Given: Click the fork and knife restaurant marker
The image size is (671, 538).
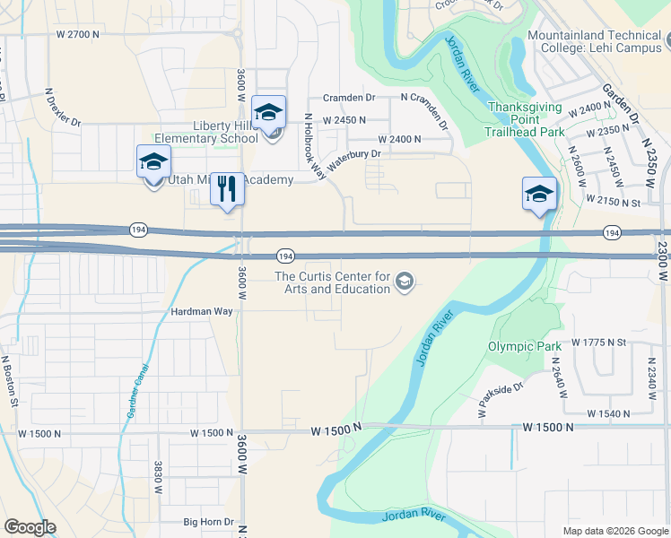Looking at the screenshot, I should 228,189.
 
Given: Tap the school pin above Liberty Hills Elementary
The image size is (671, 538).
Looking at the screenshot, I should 268,113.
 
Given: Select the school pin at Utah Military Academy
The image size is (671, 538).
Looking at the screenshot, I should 153,162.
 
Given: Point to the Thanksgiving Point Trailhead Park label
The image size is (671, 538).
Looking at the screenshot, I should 526,119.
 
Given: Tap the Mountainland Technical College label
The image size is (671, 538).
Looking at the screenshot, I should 596,40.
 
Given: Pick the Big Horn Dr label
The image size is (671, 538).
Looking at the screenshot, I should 208,522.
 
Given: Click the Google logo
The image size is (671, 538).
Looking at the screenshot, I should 30,527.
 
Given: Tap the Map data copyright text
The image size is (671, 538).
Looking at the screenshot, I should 614,531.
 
